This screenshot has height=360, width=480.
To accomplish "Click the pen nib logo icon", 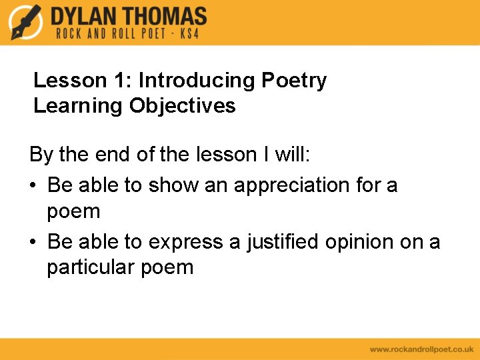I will click(26, 22).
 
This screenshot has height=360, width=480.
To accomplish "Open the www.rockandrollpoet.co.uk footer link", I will click(421, 349).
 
